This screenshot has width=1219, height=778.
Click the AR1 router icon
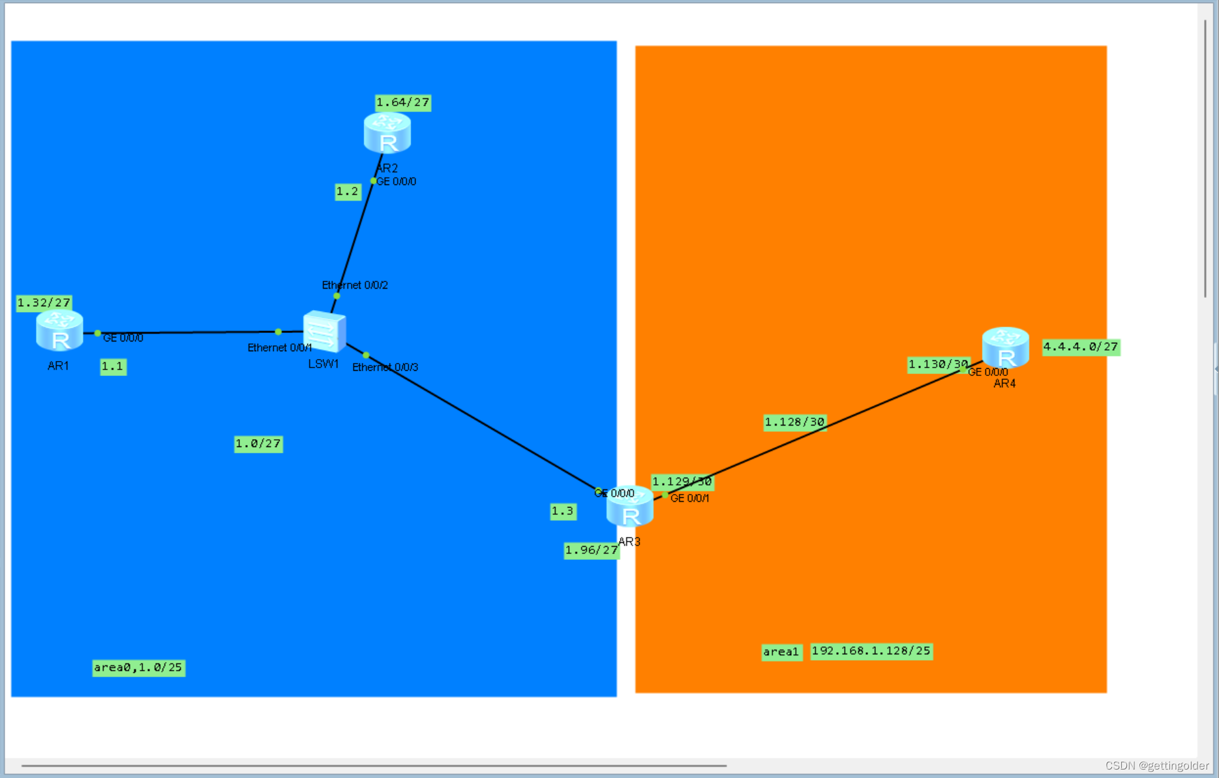click(59, 330)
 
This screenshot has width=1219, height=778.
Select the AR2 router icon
click(387, 133)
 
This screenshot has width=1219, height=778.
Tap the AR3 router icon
click(629, 508)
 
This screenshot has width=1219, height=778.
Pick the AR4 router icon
click(1005, 347)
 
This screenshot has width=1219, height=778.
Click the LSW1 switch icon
click(324, 331)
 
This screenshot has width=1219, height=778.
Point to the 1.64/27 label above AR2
click(402, 102)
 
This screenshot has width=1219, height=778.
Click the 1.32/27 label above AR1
click(44, 303)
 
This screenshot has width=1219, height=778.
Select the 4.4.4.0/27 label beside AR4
click(1080, 347)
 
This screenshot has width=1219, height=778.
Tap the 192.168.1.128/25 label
click(871, 651)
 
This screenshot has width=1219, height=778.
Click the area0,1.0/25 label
click(138, 667)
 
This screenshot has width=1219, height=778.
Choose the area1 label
click(781, 652)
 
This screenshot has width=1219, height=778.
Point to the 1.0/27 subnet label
click(258, 444)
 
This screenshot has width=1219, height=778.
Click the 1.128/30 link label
click(794, 422)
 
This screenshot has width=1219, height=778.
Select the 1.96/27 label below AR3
click(591, 551)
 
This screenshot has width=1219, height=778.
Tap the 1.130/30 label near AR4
click(938, 364)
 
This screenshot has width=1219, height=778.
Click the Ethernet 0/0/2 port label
click(355, 285)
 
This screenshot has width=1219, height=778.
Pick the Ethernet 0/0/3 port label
click(385, 367)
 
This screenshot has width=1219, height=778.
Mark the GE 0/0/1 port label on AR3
click(689, 498)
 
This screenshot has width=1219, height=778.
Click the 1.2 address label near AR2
click(348, 192)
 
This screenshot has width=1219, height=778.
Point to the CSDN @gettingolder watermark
click(1156, 766)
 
